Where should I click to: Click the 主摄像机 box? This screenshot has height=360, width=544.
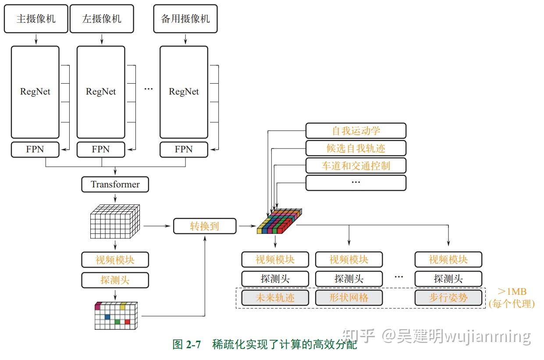(36, 19)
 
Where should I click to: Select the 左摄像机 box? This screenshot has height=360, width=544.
(102, 19)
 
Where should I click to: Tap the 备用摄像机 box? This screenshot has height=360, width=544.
(185, 19)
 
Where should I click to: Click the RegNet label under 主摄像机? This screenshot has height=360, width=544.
(35, 92)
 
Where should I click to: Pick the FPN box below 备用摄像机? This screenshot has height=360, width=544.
(184, 149)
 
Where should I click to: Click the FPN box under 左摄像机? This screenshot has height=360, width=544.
(100, 149)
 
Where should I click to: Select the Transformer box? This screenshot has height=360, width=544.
(115, 184)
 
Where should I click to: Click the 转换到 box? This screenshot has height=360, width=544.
(205, 226)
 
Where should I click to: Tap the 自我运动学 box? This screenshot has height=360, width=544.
(356, 131)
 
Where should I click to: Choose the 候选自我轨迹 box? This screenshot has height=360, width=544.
(356, 148)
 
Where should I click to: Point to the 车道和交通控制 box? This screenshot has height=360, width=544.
(356, 166)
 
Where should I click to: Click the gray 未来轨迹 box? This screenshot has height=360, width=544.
(275, 298)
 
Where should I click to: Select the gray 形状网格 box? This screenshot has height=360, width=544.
(349, 298)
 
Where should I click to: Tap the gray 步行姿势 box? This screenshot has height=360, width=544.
(448, 298)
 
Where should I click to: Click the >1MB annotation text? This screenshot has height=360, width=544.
(512, 292)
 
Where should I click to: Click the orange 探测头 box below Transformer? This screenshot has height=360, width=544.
(115, 280)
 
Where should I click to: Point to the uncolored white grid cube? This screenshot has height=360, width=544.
(115, 221)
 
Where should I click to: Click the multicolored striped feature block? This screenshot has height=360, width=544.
(279, 222)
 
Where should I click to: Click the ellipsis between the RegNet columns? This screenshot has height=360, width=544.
(149, 89)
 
